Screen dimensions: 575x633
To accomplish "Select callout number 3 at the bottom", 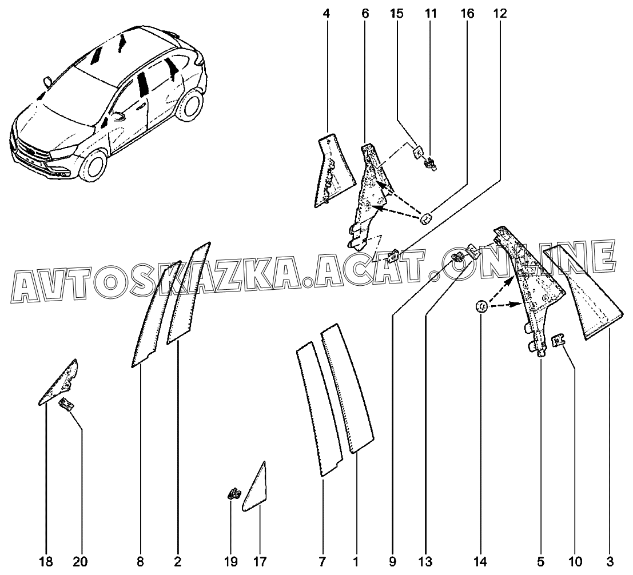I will tap(610, 561).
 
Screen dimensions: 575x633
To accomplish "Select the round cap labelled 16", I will tap(427, 218).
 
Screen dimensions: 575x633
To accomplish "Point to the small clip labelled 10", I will tap(558, 341).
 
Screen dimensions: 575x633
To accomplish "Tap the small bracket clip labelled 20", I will tap(67, 405).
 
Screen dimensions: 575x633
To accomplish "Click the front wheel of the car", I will tap(94, 164).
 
